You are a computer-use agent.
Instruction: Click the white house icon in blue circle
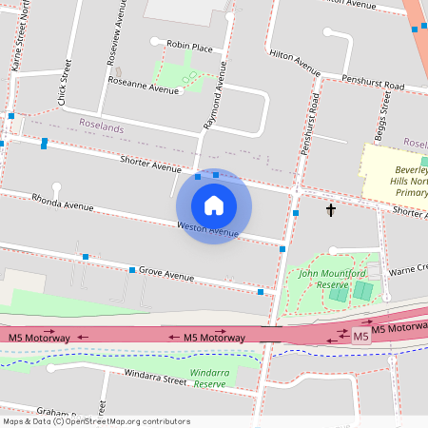point(214,204)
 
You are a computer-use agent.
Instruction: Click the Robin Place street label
point(188,45)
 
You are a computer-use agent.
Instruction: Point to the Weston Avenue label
point(207,228)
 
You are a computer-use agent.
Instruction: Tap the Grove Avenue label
point(166,274)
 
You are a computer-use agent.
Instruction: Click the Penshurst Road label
point(374,86)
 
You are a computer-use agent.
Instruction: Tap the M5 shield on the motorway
point(360,337)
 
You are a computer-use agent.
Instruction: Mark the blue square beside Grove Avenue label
point(132,270)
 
